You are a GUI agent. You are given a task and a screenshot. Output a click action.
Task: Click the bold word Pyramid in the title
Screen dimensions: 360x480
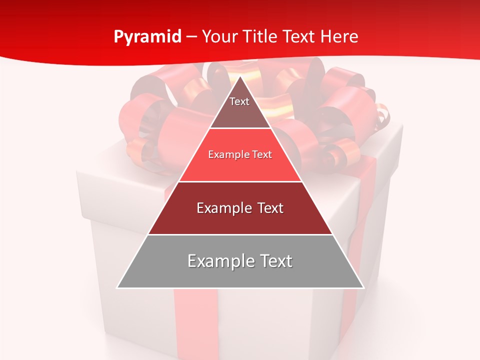click(147, 37)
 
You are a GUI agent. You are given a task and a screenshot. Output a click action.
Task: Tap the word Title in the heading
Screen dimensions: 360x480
click(262, 37)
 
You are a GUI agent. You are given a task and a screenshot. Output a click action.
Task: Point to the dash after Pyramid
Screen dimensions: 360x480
click(191, 37)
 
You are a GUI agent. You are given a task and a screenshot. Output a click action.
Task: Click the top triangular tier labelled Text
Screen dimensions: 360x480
click(240, 107)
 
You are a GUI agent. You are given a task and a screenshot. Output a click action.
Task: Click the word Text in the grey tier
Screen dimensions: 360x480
click(275, 261)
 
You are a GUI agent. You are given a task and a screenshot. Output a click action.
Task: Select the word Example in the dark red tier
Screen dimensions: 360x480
click(222, 208)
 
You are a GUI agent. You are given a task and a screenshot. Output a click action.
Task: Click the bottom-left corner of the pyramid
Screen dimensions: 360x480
click(117, 287)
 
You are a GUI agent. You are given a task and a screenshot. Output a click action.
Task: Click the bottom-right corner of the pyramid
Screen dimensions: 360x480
click(363, 287)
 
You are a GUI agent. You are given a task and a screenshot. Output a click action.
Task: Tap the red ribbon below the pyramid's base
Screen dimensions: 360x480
click(195, 320)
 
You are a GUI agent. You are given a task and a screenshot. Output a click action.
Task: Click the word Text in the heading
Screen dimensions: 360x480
click(298, 37)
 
